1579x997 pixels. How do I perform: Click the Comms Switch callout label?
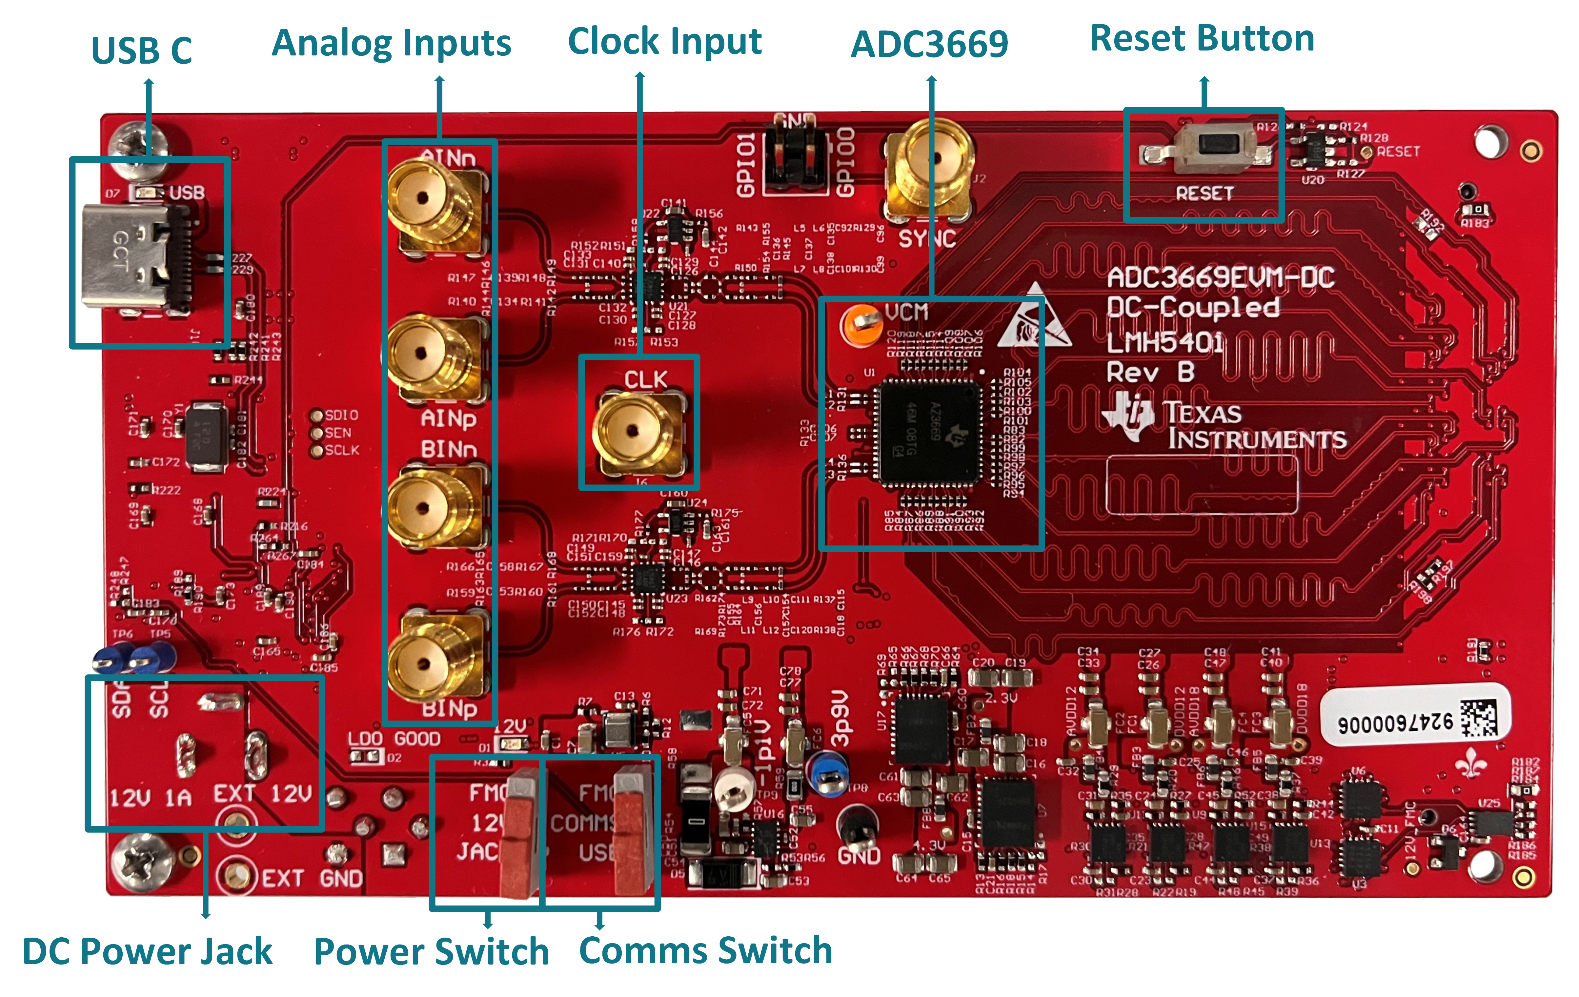706,950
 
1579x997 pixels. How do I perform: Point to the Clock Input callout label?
664,41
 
